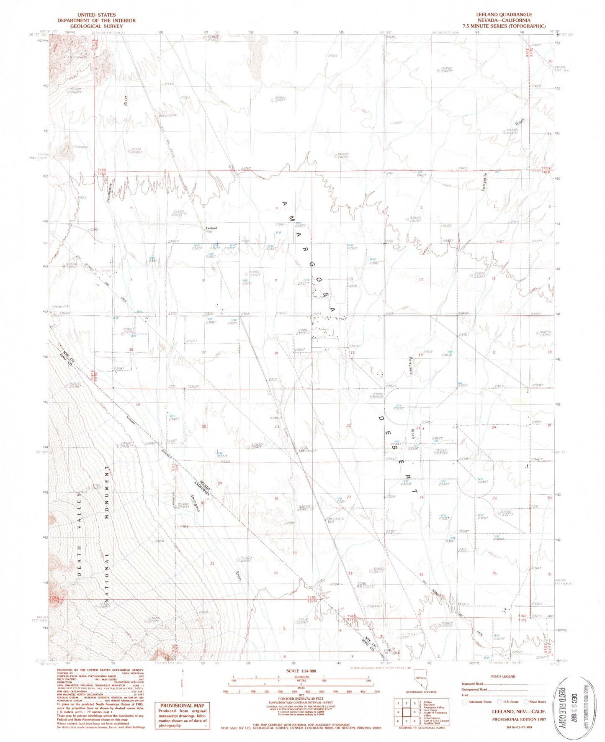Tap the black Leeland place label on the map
tap(211, 228)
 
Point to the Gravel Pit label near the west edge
tap(57, 306)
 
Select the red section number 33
tap(295, 552)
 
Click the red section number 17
tap(204, 352)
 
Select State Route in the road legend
tap(538, 701)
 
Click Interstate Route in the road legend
tap(479, 701)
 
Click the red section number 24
tap(494, 427)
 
